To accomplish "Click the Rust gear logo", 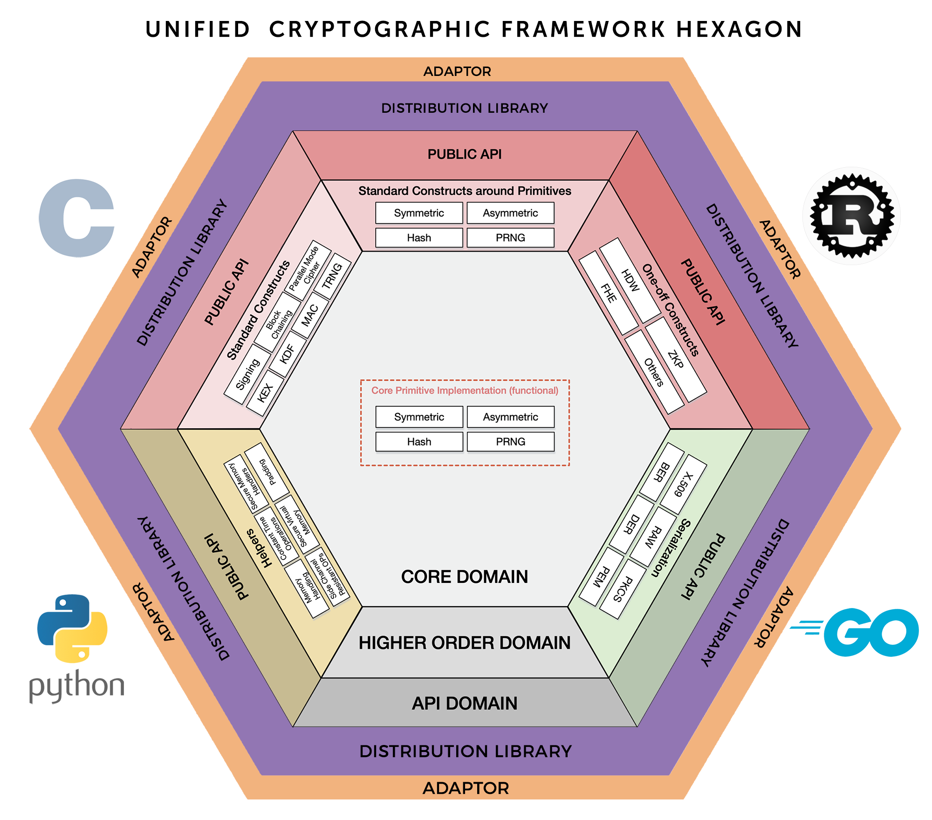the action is pos(852,216).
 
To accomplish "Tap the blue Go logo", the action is pos(855,632).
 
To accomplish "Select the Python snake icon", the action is pos(72,628).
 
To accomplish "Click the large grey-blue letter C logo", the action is pos(77,218).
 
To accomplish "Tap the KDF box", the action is pos(288,354).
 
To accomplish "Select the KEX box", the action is pos(265,393).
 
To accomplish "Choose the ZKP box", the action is pos(676,360).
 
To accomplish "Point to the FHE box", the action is pos(609,293).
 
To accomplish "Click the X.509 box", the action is pos(684,484).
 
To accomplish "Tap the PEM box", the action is pos(602,577).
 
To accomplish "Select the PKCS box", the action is pos(623,589).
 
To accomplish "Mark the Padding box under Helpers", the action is pos(267,472).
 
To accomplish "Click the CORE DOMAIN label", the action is pos(465,577).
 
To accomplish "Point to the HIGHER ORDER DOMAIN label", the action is pos(465,643).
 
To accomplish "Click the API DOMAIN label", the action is pos(465,704).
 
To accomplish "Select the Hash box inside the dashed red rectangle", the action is pos(419,442).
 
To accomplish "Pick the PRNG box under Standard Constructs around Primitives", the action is pos(511,238).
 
